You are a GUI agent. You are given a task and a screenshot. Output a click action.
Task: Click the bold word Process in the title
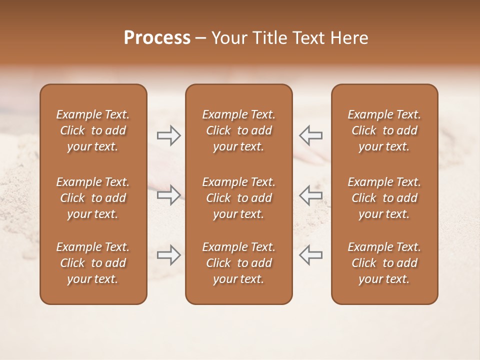coord(157,38)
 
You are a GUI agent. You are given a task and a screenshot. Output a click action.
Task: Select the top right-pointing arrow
coord(168,135)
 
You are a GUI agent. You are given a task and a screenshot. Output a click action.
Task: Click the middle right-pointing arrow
coord(168,195)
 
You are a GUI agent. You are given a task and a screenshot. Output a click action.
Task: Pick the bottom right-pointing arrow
coord(168,255)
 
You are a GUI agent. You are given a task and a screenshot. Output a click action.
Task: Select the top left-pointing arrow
coord(311,135)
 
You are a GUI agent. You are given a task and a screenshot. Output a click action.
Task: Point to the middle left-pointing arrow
coord(311,195)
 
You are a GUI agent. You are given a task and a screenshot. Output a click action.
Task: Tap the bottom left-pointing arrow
coord(311,255)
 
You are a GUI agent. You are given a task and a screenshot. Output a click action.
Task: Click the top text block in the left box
coord(93,130)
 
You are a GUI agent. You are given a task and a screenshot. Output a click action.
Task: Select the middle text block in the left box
coord(93,198)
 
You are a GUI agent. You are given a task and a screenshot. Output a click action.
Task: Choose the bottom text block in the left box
coord(93,263)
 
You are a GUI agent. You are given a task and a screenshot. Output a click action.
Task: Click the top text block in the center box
coord(239,130)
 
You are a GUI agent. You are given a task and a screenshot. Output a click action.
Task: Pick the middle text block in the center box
coord(239,198)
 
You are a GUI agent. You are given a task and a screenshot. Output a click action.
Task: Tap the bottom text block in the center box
coord(239,263)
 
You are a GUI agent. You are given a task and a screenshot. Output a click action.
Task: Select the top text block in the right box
coord(384,130)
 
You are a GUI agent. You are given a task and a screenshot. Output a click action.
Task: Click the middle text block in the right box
coord(384,198)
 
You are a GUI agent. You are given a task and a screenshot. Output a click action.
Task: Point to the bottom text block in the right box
coord(384,263)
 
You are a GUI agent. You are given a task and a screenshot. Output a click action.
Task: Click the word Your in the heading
coord(228,38)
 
